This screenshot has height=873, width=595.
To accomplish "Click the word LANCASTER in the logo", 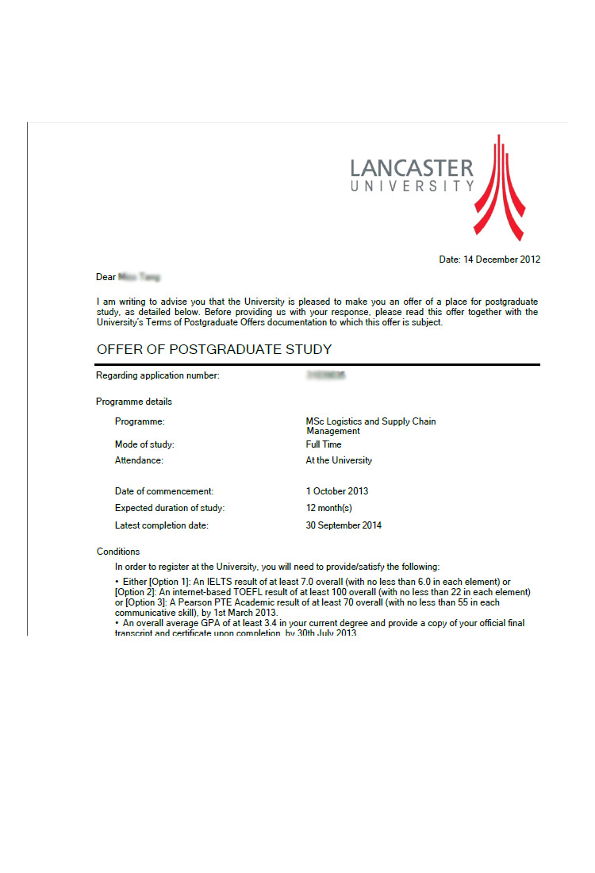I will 412,168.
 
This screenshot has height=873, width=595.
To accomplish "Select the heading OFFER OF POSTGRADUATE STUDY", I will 214,349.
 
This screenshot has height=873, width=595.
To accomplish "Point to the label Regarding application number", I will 158,375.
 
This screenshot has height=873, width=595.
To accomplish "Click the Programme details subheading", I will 134,402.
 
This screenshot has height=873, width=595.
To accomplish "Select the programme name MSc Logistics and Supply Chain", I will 370,421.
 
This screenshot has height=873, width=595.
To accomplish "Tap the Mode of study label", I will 144,444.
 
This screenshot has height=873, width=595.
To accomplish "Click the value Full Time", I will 324,444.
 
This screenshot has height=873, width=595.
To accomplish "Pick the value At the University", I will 339,460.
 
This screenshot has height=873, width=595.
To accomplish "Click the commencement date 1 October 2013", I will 337,491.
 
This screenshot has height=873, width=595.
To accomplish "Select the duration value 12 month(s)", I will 328,508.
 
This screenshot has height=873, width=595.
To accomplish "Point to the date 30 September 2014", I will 344,525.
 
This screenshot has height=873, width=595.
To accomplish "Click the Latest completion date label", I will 162,525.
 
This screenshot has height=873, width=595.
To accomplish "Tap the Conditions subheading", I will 118,552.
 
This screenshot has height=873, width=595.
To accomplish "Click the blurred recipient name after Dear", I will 139,277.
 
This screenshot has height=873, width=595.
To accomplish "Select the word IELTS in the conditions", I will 207,582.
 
